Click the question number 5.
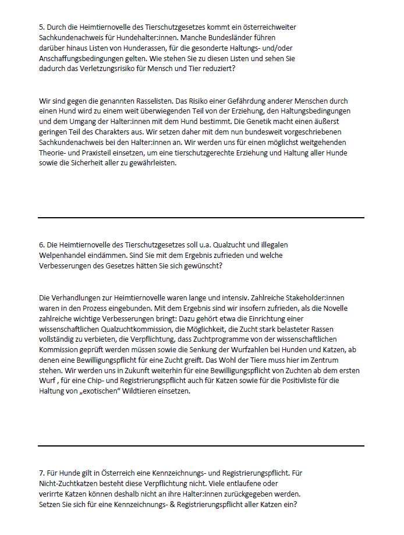click(41, 27)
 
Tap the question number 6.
click(41, 245)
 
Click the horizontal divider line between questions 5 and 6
click(201, 218)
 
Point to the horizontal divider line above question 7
click(201, 446)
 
